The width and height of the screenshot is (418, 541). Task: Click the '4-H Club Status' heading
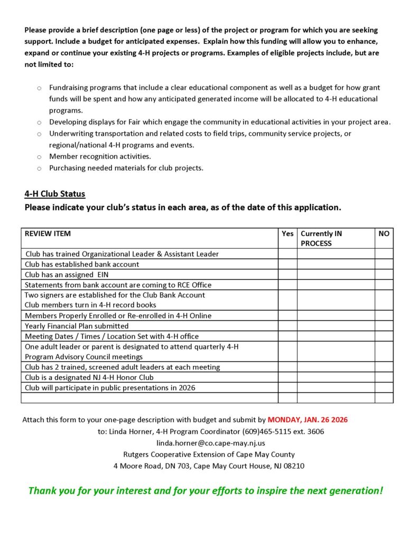point(54,194)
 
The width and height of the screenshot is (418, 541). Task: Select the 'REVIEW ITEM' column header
point(48,234)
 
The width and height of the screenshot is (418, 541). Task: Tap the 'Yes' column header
point(287,234)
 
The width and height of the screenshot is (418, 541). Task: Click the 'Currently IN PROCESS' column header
point(321,238)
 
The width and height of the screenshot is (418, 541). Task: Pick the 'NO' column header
point(384,234)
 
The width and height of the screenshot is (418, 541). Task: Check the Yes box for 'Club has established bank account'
point(287,264)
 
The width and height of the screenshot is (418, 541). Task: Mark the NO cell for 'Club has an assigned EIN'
point(384,275)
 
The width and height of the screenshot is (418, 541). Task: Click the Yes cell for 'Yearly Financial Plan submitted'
point(287,326)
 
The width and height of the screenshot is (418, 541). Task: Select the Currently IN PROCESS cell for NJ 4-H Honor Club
point(336,377)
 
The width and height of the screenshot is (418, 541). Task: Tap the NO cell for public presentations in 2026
point(384,388)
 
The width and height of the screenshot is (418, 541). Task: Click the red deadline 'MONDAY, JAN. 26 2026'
point(308,420)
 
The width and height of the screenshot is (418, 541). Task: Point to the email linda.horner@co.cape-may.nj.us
point(211,443)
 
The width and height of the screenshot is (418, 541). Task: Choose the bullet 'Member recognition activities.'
point(100,156)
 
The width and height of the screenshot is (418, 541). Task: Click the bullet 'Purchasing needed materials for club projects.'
point(126,168)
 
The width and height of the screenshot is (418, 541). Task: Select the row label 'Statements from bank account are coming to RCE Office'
point(118,285)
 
